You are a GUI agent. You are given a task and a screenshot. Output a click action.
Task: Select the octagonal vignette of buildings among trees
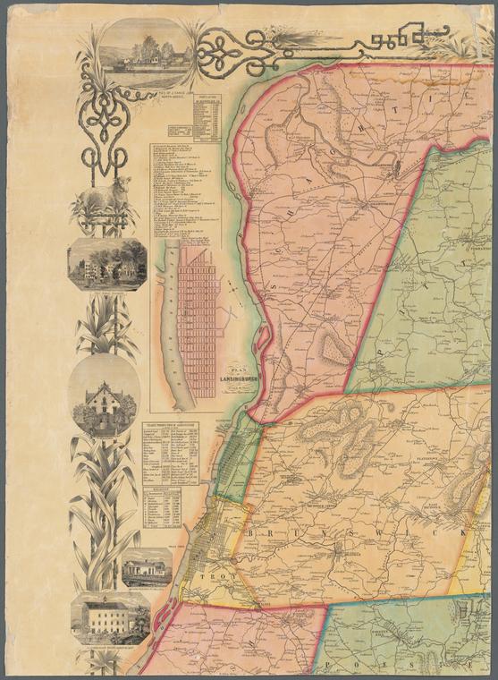tap(107, 264)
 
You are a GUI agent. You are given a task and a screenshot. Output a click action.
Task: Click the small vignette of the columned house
tap(147, 567)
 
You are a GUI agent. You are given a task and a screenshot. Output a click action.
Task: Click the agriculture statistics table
tap(179, 452)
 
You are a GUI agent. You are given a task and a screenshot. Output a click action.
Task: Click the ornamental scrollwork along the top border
tap(313, 45)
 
